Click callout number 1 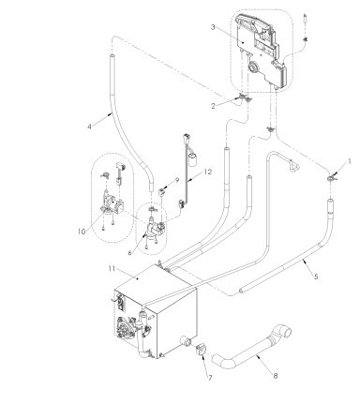tap(350, 160)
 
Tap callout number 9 tap(175, 179)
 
